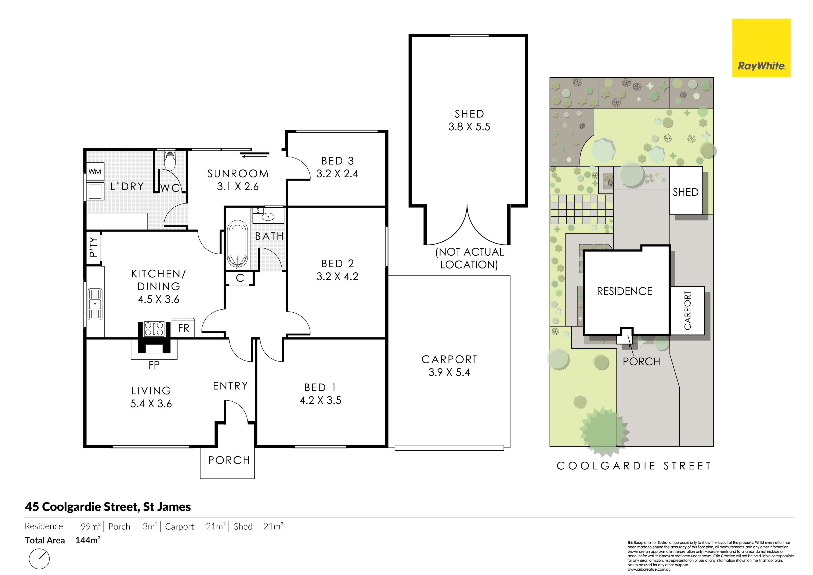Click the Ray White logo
761,48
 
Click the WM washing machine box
95,172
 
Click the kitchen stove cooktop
154,328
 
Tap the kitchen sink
95,304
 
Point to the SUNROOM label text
238,174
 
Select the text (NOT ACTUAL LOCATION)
469,258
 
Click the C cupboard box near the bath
240,278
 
